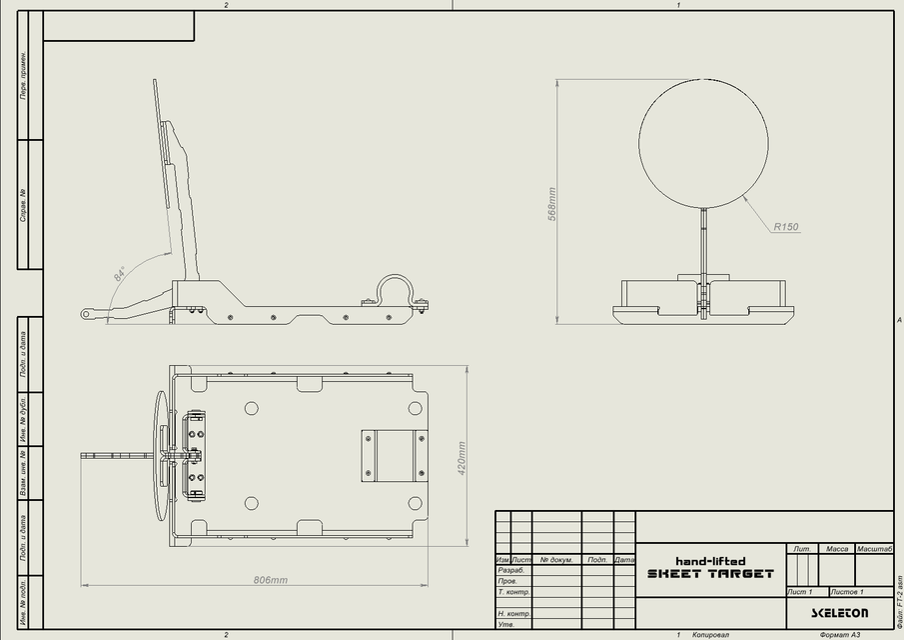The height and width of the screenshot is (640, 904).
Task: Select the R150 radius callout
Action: (x=786, y=227)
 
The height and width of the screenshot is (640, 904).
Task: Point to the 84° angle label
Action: (x=120, y=274)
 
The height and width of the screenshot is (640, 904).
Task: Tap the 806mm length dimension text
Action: (x=270, y=580)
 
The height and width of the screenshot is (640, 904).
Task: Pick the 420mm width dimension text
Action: (x=461, y=459)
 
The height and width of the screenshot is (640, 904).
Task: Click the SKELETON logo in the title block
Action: (x=839, y=613)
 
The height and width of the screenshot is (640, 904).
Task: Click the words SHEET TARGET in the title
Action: (x=710, y=574)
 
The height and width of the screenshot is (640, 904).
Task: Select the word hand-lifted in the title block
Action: (x=710, y=561)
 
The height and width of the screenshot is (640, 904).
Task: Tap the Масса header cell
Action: (x=836, y=549)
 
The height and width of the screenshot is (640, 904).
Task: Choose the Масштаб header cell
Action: (x=874, y=549)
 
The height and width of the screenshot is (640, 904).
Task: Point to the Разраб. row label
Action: (x=510, y=570)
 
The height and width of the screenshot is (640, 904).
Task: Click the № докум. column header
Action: (x=556, y=560)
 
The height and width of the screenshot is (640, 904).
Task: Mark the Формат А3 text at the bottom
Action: (x=839, y=635)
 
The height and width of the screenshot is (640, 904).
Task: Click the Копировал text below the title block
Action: (x=711, y=635)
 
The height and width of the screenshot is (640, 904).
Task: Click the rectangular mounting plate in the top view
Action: (x=394, y=455)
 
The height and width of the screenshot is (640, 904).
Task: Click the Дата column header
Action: (x=624, y=560)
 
